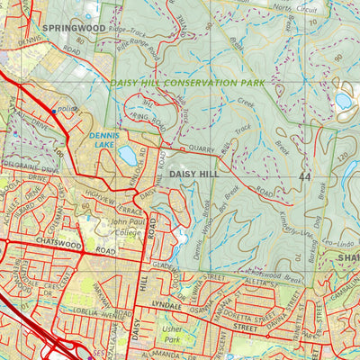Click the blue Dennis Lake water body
coord(127,156)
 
